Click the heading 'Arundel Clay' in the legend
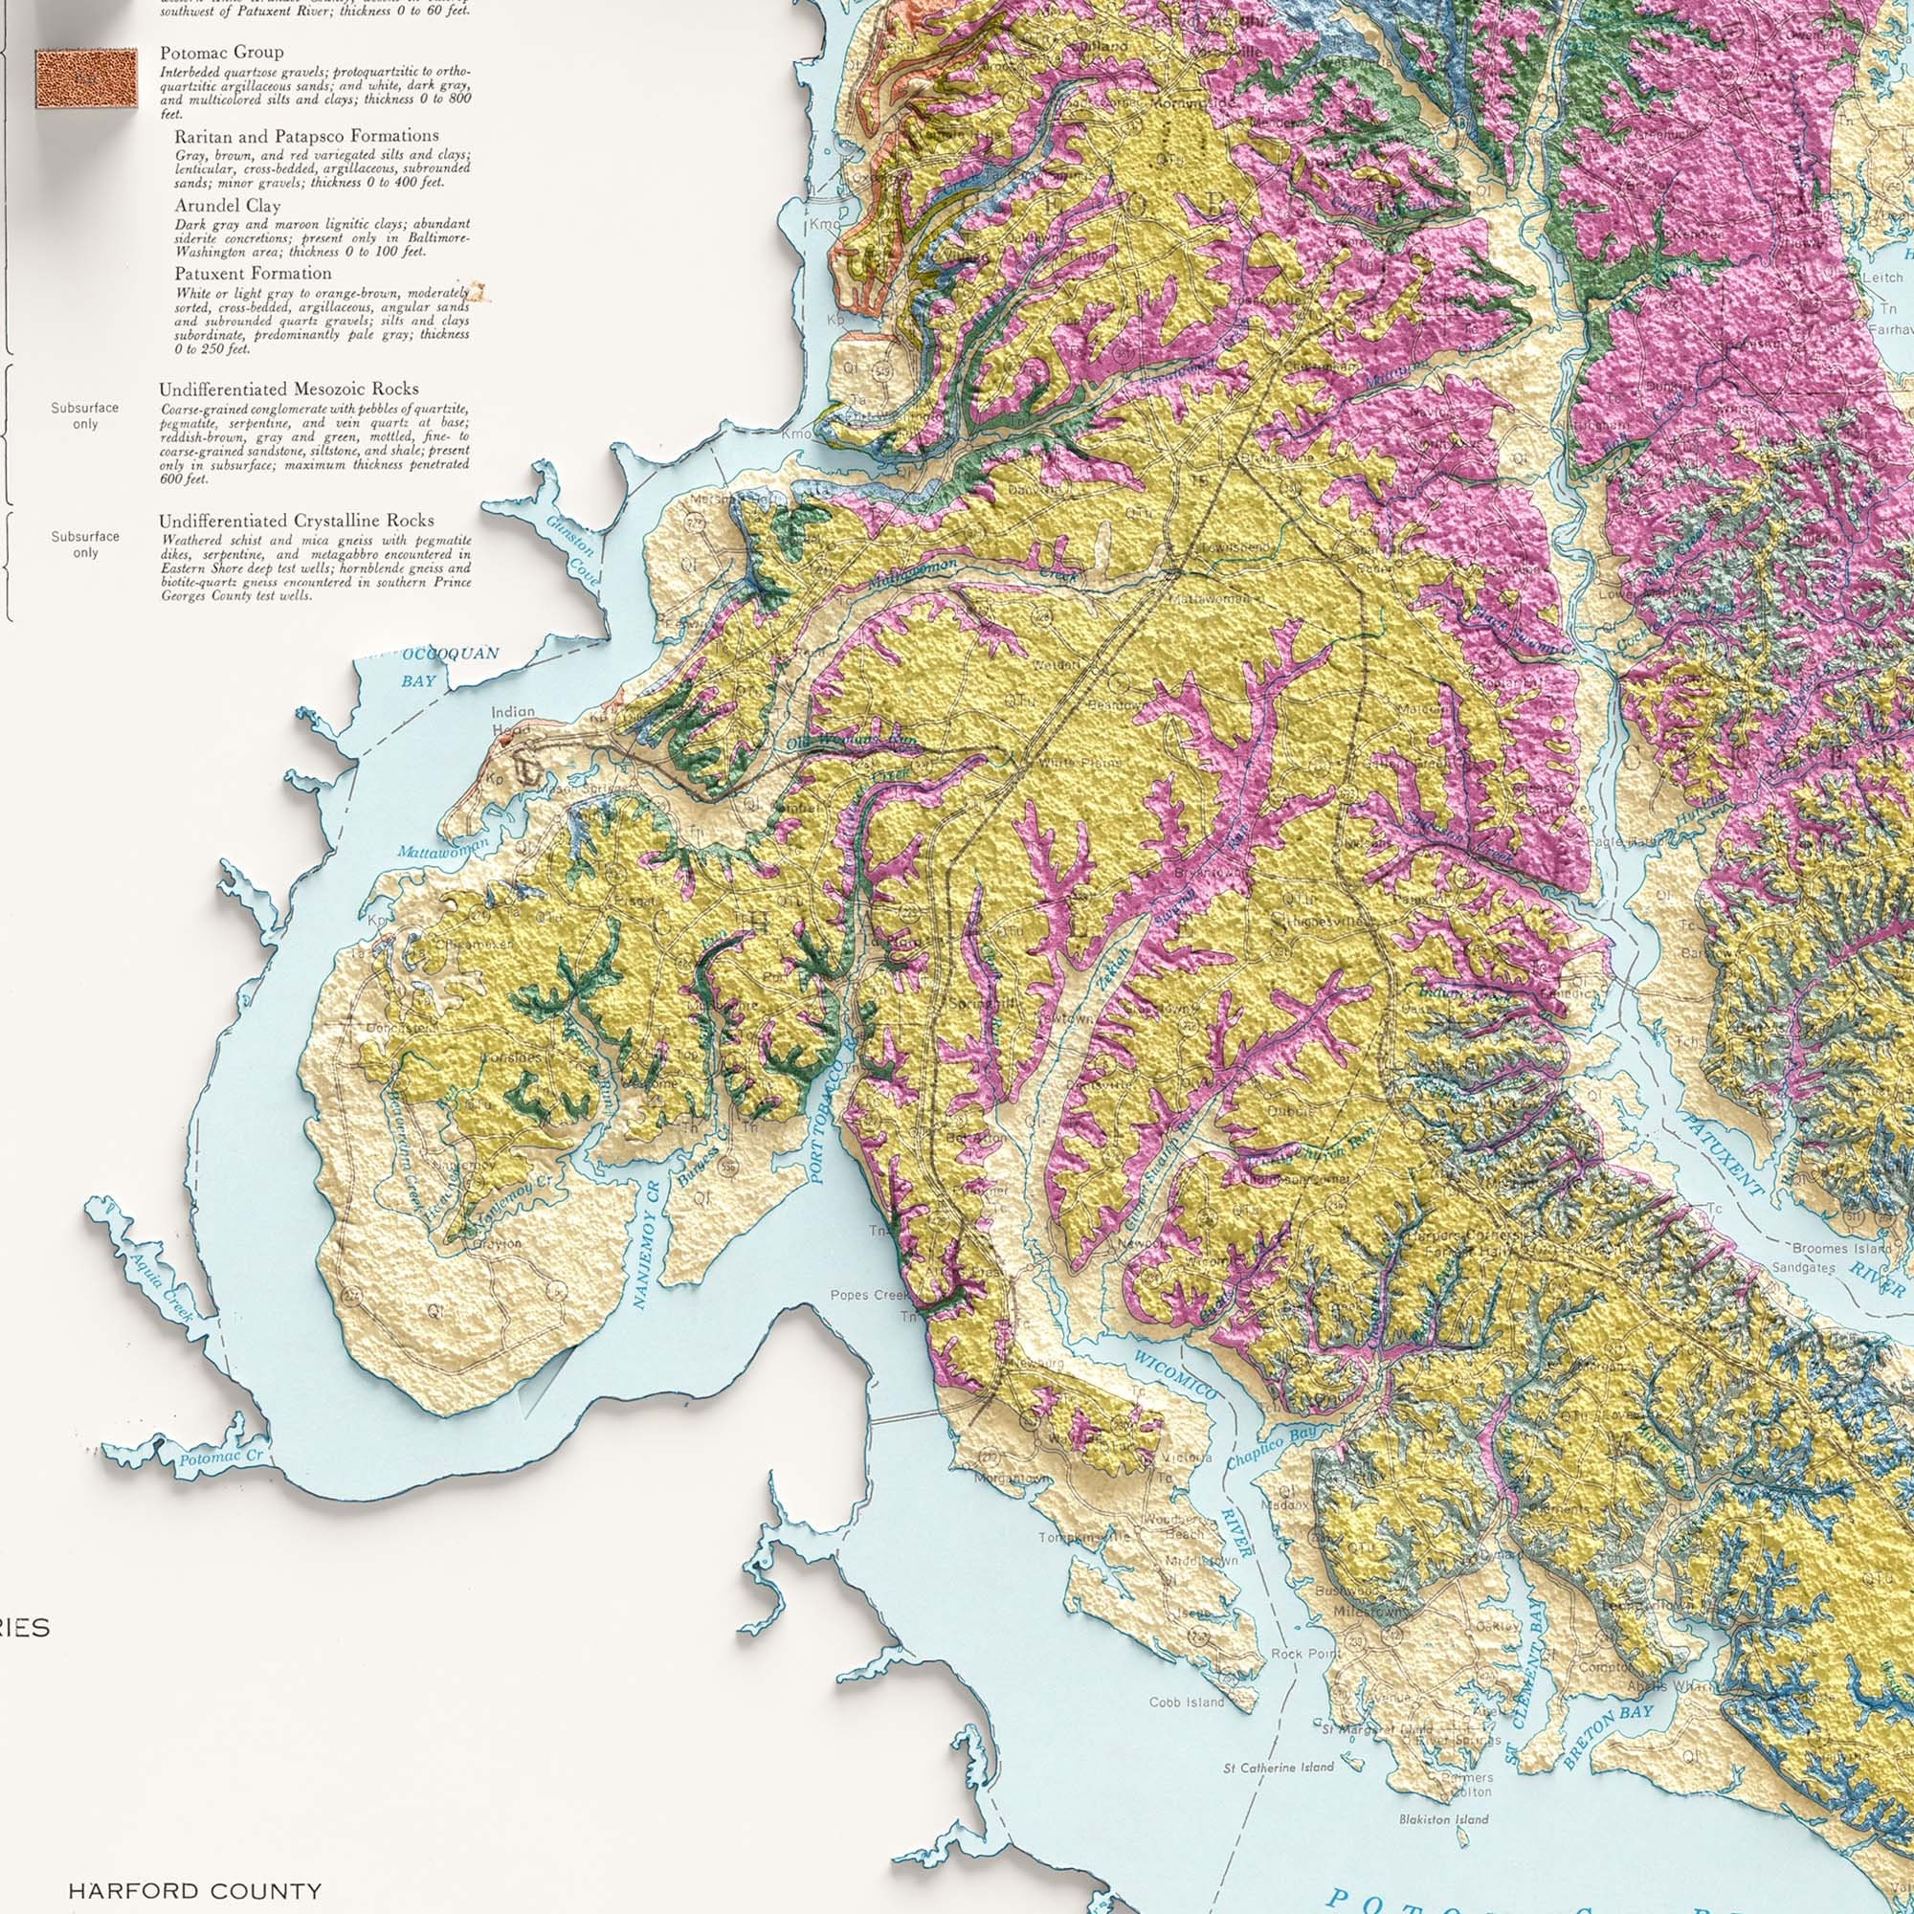227,206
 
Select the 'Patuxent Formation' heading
253,274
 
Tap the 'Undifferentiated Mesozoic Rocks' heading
288,389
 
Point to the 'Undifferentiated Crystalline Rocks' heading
297,520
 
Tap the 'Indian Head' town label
512,721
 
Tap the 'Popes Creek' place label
862,1295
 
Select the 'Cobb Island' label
1187,1702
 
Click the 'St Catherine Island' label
1278,1768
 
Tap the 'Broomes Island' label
1827,1248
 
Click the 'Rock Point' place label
1304,1654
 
